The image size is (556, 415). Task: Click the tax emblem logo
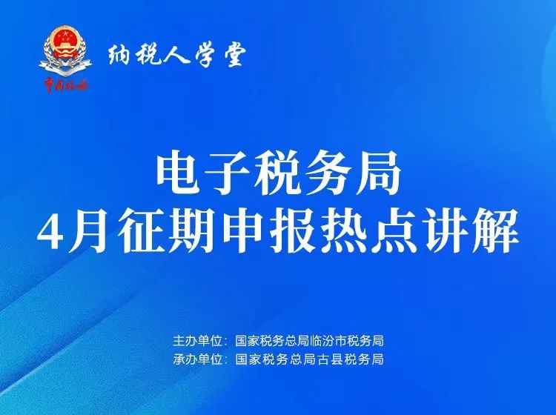pyautogui.click(x=65, y=50)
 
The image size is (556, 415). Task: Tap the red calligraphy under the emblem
pyautogui.click(x=65, y=86)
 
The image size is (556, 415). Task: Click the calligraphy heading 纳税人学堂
pyautogui.click(x=177, y=57)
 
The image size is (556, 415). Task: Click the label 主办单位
pyautogui.click(x=196, y=342)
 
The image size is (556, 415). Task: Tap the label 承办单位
pyautogui.click(x=196, y=359)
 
